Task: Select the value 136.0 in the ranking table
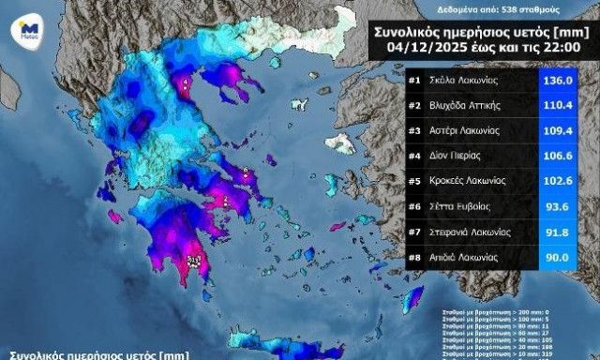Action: coord(565,81)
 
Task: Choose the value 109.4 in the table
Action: coord(565,130)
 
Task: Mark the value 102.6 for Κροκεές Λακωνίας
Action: coord(565,181)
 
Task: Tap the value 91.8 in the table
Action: coord(565,232)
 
